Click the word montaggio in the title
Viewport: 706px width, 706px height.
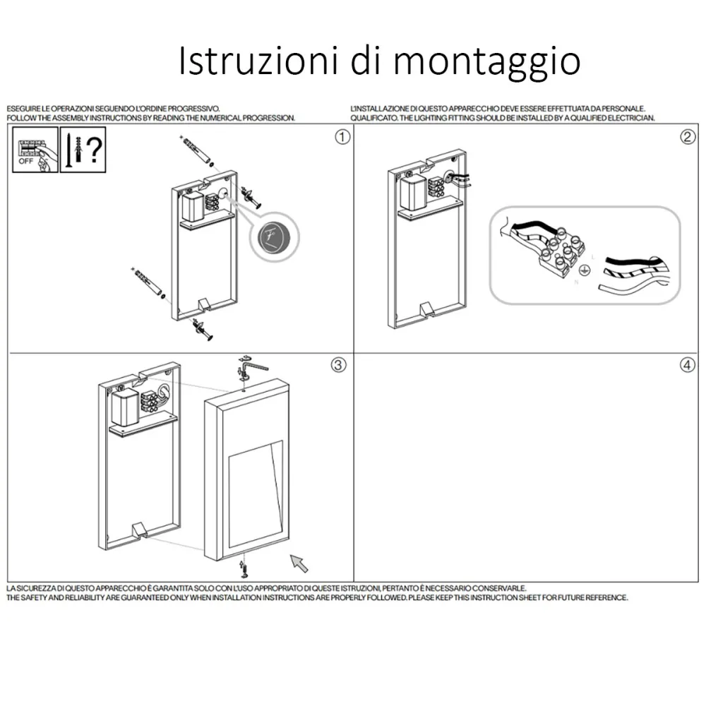[486, 62]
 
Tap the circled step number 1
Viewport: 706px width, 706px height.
[342, 137]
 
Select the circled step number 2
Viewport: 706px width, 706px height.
[687, 137]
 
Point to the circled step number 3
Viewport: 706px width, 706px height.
[339, 365]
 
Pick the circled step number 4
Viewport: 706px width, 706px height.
[687, 365]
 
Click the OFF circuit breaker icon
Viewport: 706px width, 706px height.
[35, 150]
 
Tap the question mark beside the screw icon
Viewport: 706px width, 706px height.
[95, 150]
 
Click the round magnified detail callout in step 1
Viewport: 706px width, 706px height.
[274, 237]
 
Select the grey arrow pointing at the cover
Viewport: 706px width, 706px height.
[299, 563]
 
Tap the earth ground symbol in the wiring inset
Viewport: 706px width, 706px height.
[584, 270]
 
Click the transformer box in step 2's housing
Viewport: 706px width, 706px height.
[413, 192]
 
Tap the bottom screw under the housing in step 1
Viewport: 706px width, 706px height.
[202, 330]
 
